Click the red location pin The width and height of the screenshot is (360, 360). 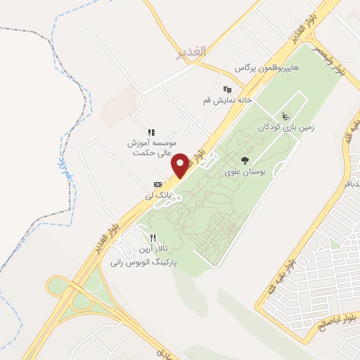[x=180, y=165]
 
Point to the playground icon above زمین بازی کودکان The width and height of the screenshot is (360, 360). [x=285, y=117]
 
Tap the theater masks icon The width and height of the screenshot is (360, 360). [x=226, y=89]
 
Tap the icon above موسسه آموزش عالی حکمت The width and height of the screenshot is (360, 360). [x=150, y=131]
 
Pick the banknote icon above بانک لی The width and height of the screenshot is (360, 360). [x=157, y=185]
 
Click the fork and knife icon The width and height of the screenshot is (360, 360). [x=153, y=238]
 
